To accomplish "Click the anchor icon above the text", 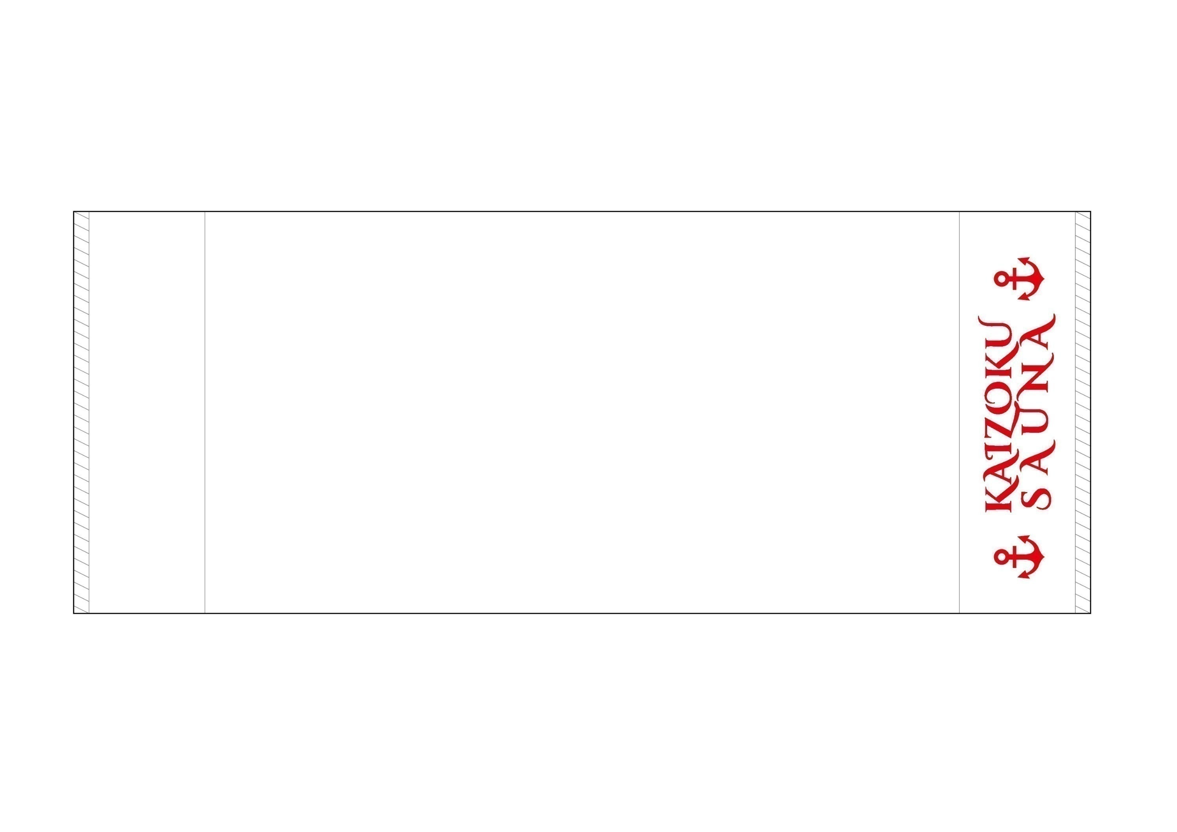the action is [x=1020, y=278].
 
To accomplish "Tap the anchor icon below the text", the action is [x=1020, y=557].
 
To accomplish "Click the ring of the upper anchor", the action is [x=1001, y=278].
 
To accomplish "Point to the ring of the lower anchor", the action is [x=1001, y=557].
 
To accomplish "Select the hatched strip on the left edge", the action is [x=82, y=412].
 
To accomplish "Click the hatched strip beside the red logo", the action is [x=1083, y=412].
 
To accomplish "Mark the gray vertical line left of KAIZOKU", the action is [x=959, y=412].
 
